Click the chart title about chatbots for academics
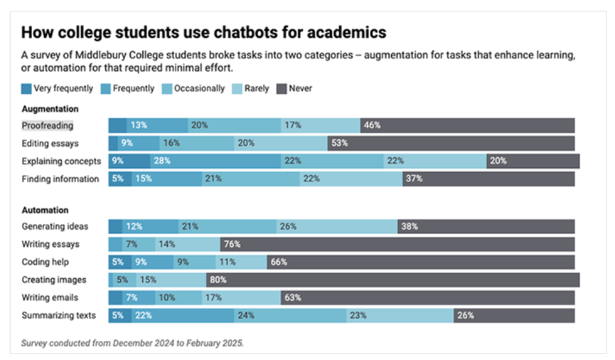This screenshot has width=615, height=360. (x=204, y=33)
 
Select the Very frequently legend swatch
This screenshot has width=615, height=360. (x=26, y=89)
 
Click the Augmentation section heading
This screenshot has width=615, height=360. (x=50, y=109)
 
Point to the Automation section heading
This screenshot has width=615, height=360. (x=45, y=211)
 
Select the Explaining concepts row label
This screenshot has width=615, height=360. (x=60, y=161)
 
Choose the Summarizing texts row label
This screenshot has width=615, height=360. (x=60, y=315)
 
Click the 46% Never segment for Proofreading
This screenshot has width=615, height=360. (x=467, y=125)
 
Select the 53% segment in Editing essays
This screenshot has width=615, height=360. (x=451, y=143)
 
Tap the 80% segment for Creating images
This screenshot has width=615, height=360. (x=392, y=280)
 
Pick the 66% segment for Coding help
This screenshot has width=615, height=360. (x=421, y=262)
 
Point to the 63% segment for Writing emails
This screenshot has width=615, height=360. (x=428, y=297)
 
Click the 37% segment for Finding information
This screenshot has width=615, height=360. (x=488, y=179)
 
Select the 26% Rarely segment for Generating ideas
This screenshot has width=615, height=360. (x=336, y=226)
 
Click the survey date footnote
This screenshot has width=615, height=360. (x=132, y=343)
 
